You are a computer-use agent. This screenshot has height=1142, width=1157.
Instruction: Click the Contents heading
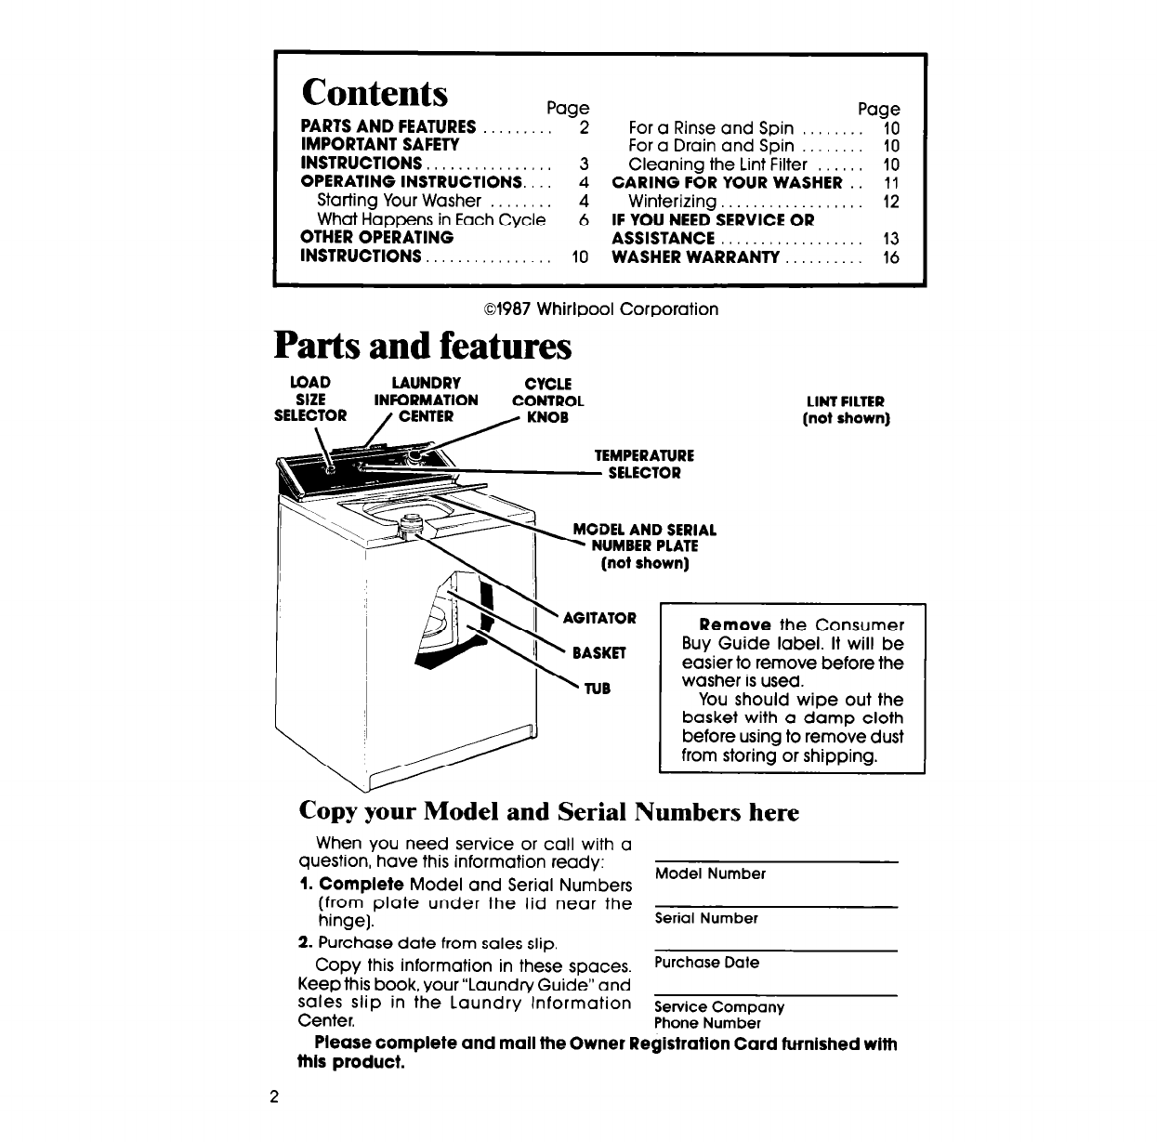tap(375, 93)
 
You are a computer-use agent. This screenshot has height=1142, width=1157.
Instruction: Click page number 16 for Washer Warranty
tap(891, 256)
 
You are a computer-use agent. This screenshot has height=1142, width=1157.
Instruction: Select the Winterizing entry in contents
tap(673, 202)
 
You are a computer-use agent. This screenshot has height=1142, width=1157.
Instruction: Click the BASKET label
tap(599, 653)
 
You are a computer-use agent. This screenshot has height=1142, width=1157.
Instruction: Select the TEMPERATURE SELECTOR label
tap(644, 465)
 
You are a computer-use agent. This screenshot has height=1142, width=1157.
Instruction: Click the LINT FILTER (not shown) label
tap(846, 410)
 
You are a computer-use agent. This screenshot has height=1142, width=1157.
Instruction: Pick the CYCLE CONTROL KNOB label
tap(548, 400)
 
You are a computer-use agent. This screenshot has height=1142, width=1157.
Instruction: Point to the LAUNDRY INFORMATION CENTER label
tap(426, 400)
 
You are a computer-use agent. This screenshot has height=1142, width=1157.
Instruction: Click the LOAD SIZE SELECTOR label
tap(310, 400)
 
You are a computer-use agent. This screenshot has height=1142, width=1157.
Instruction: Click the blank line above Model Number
tap(777, 860)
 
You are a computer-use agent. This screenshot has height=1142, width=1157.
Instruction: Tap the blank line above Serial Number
tap(777, 905)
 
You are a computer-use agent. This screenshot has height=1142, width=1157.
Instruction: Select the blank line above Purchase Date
tap(777, 950)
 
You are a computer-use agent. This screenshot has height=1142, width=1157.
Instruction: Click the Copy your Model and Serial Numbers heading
tap(548, 812)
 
